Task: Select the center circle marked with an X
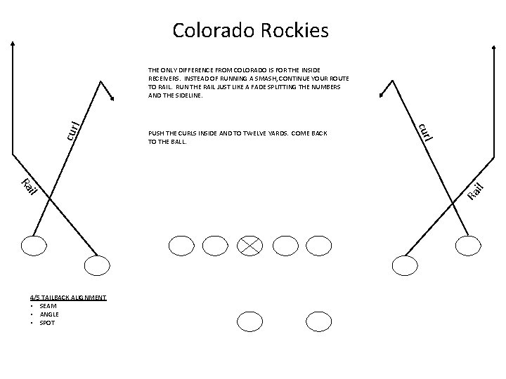[251, 244]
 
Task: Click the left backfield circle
[249, 321]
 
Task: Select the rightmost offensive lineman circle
[320, 244]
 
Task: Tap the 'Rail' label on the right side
[477, 190]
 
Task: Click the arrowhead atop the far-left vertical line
[13, 42]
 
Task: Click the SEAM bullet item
[48, 306]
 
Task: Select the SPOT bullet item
[46, 323]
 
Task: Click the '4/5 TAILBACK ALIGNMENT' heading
[67, 298]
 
